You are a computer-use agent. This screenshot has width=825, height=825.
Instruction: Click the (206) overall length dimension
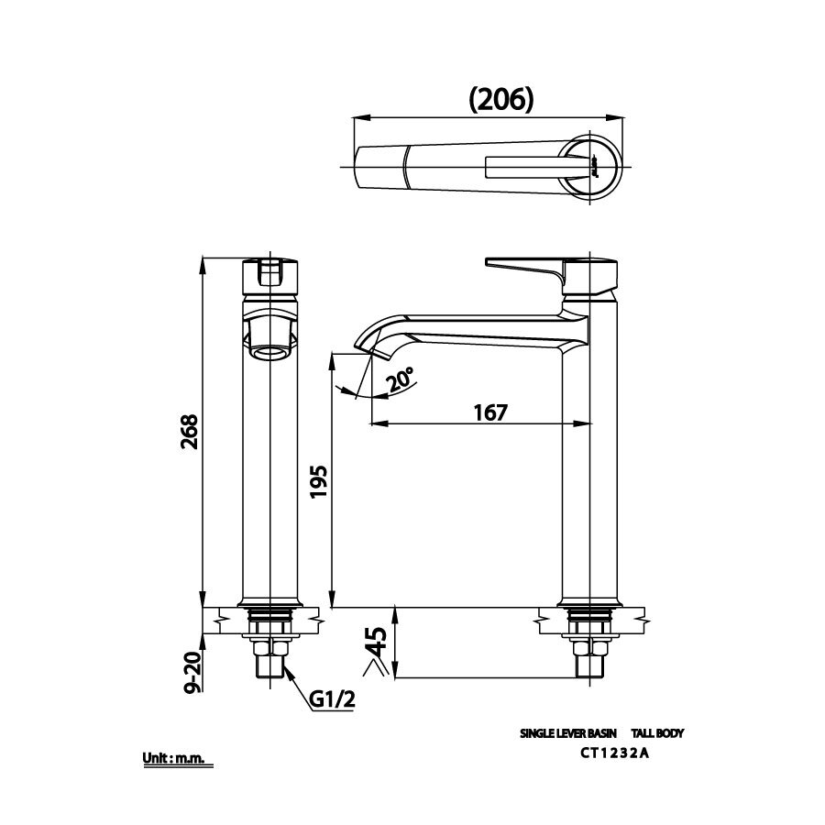pos(500,99)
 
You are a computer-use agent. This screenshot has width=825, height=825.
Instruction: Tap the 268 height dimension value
pos(191,433)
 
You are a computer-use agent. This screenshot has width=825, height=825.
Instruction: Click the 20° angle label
pos(401,379)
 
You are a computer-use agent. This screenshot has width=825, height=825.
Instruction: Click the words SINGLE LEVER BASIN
pos(568,733)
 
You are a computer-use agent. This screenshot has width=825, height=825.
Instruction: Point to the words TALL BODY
pos(658,733)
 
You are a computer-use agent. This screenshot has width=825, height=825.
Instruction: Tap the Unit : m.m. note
pos(177,759)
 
